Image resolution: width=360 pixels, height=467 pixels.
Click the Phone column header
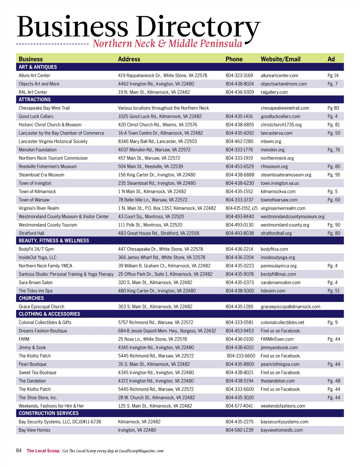coord(234,59)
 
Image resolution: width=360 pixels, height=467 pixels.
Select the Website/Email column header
coord(280,59)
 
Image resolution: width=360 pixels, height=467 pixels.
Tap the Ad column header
coord(331,59)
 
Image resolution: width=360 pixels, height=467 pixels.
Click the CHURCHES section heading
coord(31,298)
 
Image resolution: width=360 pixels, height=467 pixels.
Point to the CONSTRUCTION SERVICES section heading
coord(49,413)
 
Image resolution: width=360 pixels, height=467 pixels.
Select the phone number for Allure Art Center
coord(239,76)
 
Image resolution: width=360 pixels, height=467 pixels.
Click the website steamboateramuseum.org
coord(286,175)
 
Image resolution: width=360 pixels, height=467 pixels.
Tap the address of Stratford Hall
coord(158,233)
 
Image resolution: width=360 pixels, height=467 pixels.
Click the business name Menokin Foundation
coord(37,150)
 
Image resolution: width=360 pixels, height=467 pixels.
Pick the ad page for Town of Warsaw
coord(334,200)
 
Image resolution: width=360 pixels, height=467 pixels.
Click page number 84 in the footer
coord(19,451)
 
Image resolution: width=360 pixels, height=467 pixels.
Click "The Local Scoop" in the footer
coord(43,451)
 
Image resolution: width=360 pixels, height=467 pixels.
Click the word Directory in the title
coord(198,27)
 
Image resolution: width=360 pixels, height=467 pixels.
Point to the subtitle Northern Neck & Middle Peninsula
coord(167,44)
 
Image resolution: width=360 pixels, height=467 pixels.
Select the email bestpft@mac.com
coord(278,274)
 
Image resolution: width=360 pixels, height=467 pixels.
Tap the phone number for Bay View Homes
coord(239,430)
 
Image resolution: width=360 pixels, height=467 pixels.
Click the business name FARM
coord(24,339)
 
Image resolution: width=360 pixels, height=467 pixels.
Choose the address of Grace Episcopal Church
coord(155,307)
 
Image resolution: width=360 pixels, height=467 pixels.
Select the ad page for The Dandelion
coord(334,381)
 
